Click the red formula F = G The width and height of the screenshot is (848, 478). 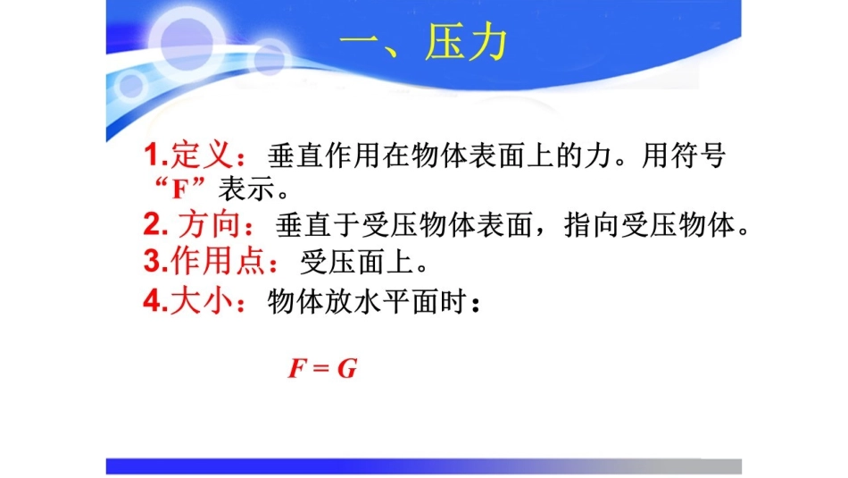coord(321,368)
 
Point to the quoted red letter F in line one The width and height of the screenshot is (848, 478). coord(178,189)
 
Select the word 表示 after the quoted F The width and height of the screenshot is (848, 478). coord(237,190)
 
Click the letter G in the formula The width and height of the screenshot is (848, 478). coord(346,368)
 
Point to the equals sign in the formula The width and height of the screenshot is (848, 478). coord(321,369)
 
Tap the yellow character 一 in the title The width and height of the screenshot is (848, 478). coord(363,43)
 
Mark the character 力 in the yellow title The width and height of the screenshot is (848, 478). coord(488,43)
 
